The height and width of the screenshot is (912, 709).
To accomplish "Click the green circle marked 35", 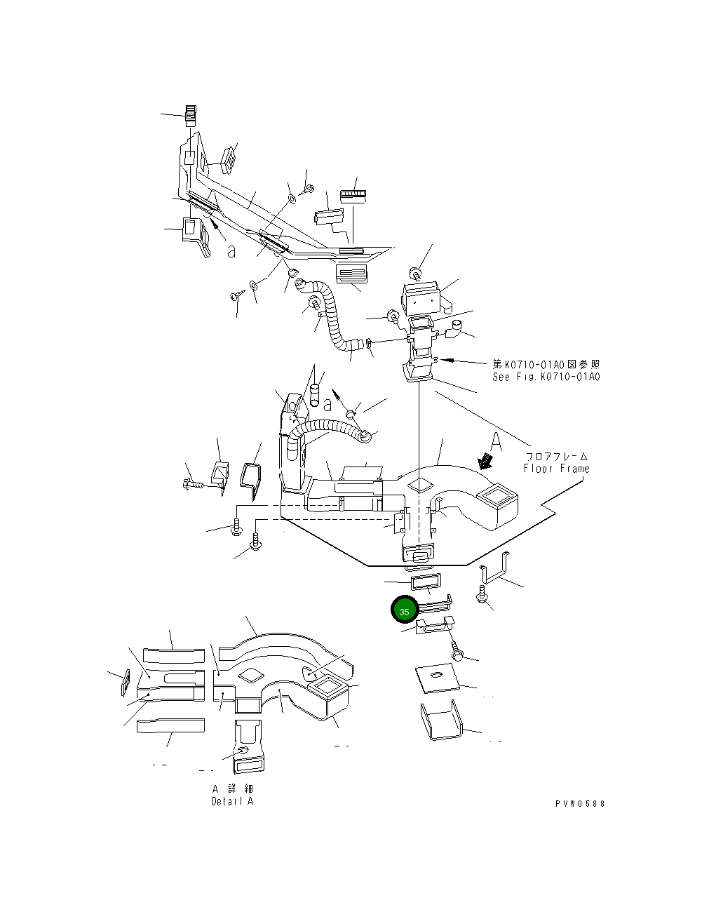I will [x=404, y=611].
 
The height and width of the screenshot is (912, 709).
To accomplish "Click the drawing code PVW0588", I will [x=580, y=804].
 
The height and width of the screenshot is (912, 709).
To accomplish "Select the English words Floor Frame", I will [x=556, y=469].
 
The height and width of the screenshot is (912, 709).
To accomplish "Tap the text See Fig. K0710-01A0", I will [x=546, y=377].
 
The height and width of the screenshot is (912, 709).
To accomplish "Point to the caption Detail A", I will [x=232, y=801].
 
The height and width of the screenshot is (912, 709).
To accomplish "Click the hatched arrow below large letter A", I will [x=484, y=460].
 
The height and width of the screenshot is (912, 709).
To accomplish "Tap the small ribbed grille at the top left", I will [x=190, y=113].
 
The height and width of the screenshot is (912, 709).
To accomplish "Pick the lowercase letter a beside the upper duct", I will [x=231, y=250].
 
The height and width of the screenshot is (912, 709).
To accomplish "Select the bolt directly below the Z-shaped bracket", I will [x=482, y=596].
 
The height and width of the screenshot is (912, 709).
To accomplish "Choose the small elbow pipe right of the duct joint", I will [x=457, y=327].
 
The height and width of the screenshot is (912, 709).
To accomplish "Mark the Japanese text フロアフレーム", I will [x=556, y=457].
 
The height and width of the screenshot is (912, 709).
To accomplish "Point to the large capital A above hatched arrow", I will [x=495, y=441].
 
